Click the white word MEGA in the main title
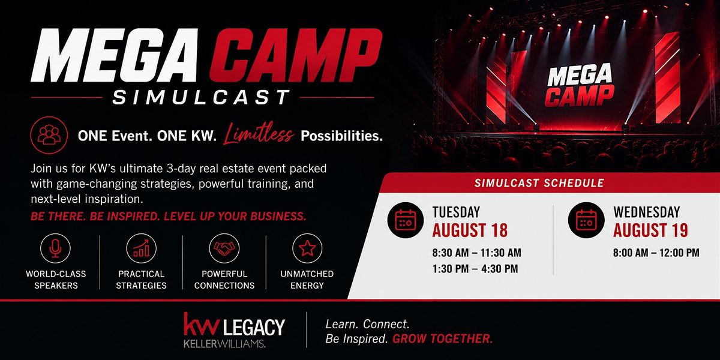[x=114, y=55]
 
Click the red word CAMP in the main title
[x=296, y=55]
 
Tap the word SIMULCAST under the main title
[x=201, y=97]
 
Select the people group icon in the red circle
[x=49, y=136]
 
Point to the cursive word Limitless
[x=259, y=134]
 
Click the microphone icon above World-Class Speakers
[x=55, y=248]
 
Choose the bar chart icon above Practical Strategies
[x=142, y=248]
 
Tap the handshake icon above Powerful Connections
[x=224, y=248]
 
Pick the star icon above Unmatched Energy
[x=307, y=248]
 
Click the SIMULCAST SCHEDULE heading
[x=539, y=183]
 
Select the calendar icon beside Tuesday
[x=406, y=220]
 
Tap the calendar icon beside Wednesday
[x=586, y=220]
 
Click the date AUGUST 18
[x=470, y=230]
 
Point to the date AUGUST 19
[x=650, y=230]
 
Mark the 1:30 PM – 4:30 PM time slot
[x=475, y=269]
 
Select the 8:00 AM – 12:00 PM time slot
[x=656, y=253]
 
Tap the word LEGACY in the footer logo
[x=254, y=327]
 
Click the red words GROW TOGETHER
[x=443, y=338]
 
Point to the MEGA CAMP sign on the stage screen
[x=580, y=85]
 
